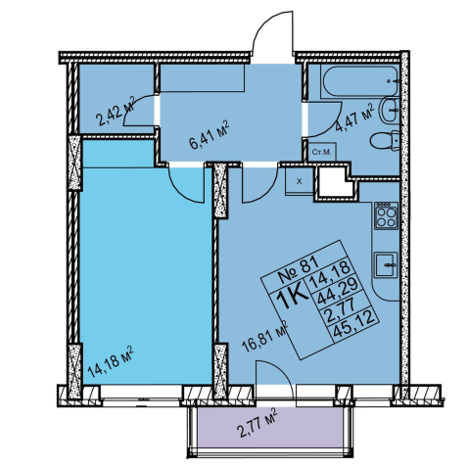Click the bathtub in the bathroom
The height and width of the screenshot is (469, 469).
point(359,81)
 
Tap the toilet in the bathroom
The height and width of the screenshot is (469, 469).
point(385,141)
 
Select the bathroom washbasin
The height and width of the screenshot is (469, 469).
point(389,111)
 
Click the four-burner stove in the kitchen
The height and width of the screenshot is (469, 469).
point(386,215)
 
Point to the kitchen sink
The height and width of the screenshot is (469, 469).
point(386,264)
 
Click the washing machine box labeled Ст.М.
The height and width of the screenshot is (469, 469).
point(322,152)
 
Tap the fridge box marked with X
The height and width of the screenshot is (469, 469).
point(300,181)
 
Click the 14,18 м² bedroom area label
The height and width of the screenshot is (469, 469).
point(111,361)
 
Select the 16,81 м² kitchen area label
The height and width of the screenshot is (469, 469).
point(265,336)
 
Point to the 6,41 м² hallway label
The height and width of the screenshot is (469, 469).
point(210,134)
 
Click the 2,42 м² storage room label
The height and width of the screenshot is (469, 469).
point(116,111)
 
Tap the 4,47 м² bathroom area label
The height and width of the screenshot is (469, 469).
point(354,117)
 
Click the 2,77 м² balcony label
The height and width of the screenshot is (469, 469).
point(257,423)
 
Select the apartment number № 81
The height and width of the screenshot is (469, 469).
point(295,270)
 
